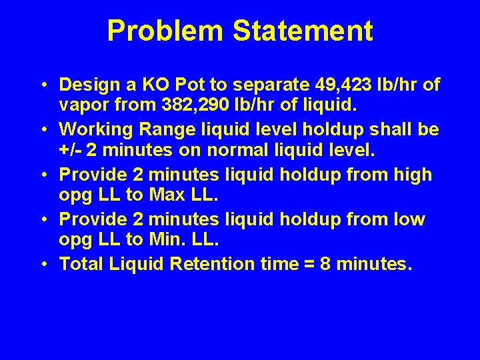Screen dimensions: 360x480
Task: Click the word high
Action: coord(413,175)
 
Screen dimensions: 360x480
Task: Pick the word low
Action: coord(408,219)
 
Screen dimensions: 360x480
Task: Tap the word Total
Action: coord(81,265)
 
